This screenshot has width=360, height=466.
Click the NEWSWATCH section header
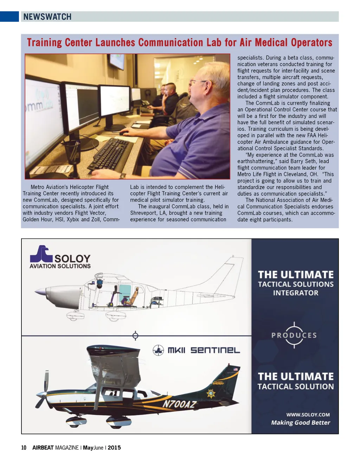coord(47,17)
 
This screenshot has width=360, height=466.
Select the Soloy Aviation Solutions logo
coord(60,257)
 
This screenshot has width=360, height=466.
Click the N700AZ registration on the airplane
coord(179,404)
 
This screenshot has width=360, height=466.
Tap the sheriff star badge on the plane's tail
coord(211,394)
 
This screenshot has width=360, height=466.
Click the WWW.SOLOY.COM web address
coord(308,415)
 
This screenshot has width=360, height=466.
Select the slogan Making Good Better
coord(300,423)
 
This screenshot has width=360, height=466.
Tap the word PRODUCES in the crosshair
coord(294,336)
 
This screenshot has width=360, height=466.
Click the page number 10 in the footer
coord(24,448)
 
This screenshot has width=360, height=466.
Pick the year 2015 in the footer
coord(114,448)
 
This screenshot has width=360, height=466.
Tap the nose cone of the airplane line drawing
coord(40,292)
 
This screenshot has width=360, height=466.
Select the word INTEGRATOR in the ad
coord(296,293)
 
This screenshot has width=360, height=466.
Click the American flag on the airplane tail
coord(235,369)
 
